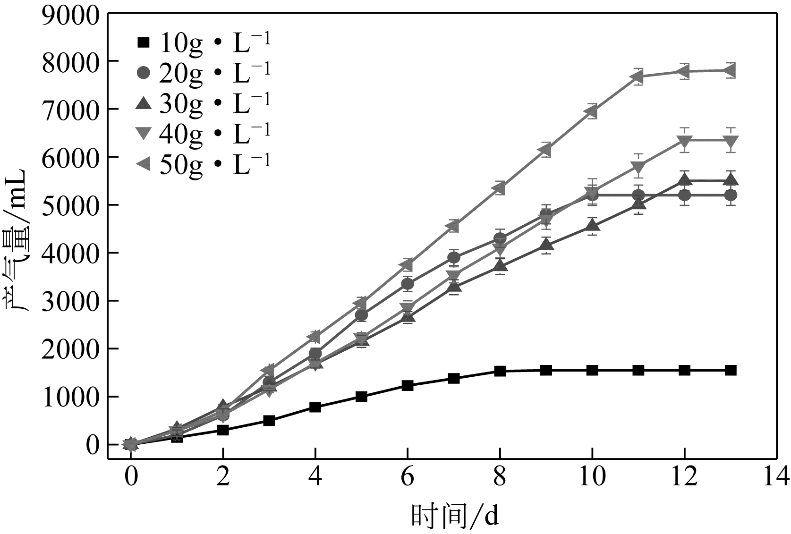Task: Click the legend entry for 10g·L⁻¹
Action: tap(203, 43)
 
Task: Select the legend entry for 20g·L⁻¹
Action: tap(203, 72)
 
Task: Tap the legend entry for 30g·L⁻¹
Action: tap(203, 103)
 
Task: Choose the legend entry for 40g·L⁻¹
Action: tap(203, 133)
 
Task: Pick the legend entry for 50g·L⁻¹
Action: tap(203, 163)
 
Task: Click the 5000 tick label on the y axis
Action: tap(71, 205)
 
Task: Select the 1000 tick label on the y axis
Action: tap(71, 397)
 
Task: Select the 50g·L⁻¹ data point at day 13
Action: tap(730, 71)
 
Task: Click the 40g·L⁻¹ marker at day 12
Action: tap(684, 140)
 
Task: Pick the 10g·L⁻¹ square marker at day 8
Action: tap(500, 371)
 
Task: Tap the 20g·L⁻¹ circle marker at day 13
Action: tap(730, 195)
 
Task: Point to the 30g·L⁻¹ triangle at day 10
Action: tap(592, 226)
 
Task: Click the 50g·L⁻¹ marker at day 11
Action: tap(638, 76)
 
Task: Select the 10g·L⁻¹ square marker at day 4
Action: tap(315, 407)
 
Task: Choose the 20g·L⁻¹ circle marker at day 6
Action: tap(408, 284)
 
